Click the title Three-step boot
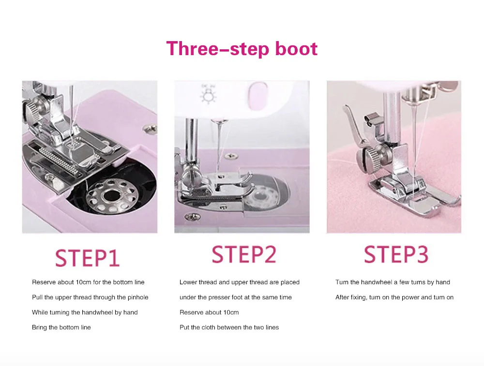[242, 49]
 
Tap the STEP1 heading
[87, 258]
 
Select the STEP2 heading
[244, 254]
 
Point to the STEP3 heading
[396, 254]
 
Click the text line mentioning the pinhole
[90, 297]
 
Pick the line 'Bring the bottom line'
[61, 327]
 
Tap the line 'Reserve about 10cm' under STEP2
[209, 312]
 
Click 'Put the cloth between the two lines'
[229, 327]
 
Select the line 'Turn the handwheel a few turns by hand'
[393, 282]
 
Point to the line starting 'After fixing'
[394, 297]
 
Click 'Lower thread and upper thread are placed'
[240, 282]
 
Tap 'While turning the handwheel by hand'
[85, 312]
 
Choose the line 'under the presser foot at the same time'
[236, 297]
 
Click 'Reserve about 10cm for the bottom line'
[88, 282]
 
